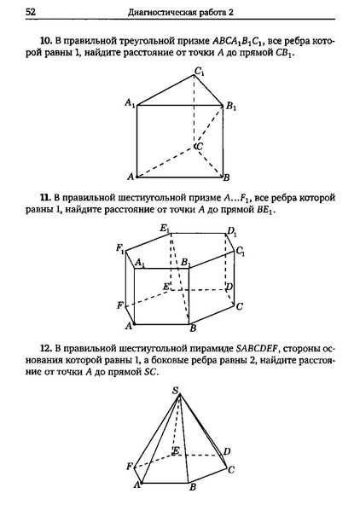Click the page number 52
[31, 13]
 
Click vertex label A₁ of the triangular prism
[129, 103]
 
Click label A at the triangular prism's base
[130, 177]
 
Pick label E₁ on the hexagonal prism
[165, 229]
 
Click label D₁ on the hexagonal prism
[231, 231]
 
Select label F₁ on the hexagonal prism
[121, 248]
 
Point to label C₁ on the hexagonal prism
[241, 252]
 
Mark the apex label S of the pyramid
[176, 391]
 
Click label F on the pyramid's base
[130, 466]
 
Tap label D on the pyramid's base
[227, 450]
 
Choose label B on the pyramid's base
[193, 487]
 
